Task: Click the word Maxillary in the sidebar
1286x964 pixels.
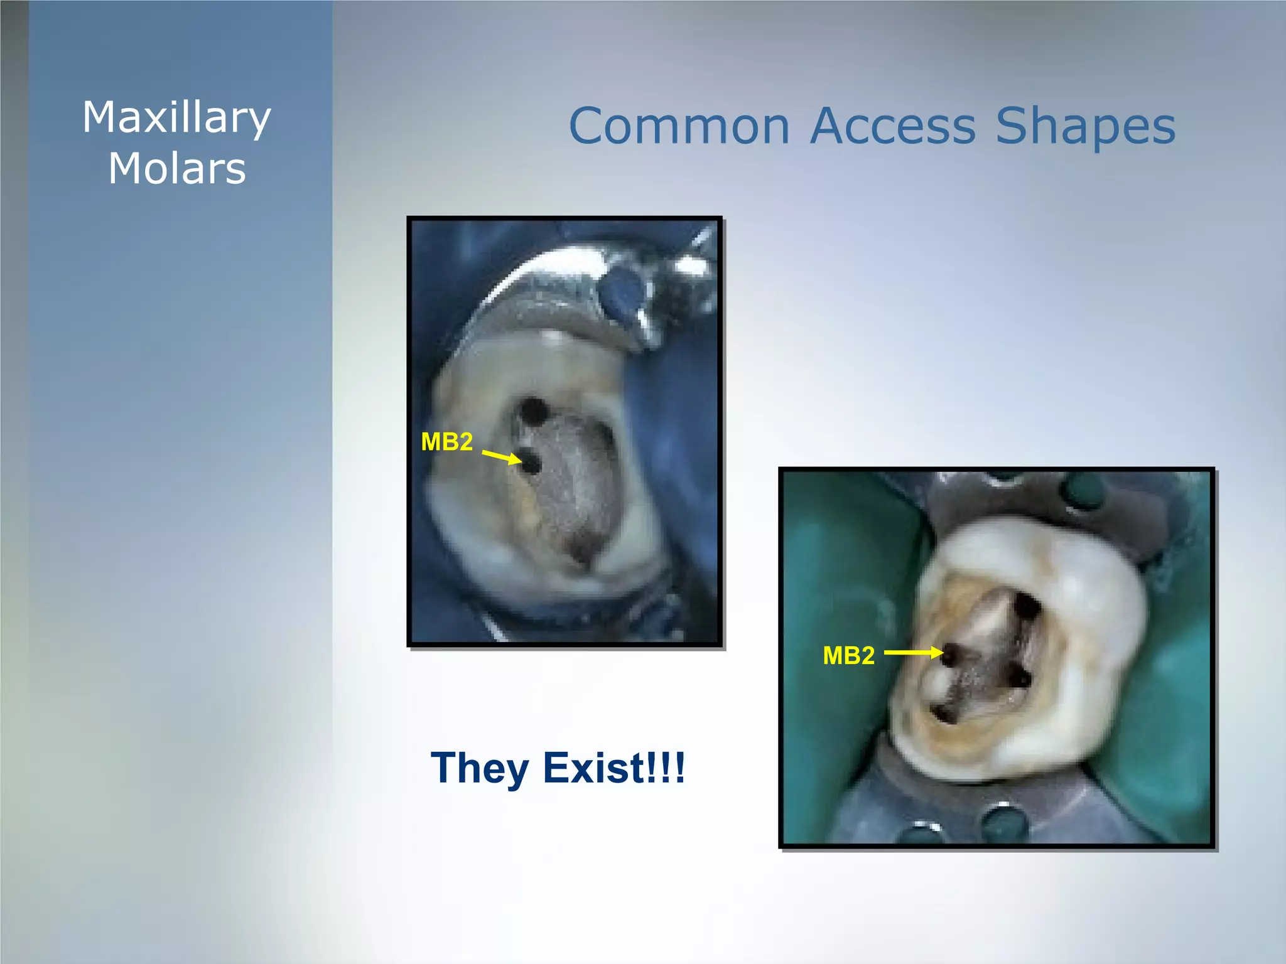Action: tap(176, 119)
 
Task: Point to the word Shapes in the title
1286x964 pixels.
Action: tap(1085, 127)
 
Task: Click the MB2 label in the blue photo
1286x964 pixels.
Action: tap(446, 442)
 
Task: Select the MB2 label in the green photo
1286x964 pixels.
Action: tap(848, 655)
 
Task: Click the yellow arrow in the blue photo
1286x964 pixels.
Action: tap(502, 456)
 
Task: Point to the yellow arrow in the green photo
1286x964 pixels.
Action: tap(913, 653)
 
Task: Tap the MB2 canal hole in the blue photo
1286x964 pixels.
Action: tap(531, 464)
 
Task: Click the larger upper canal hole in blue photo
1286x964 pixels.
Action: tap(534, 411)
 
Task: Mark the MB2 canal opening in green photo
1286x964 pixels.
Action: tap(951, 655)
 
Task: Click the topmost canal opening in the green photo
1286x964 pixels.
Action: tap(1027, 607)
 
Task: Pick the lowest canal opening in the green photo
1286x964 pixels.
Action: tap(943, 714)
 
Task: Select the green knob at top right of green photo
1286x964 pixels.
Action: tap(1084, 489)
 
